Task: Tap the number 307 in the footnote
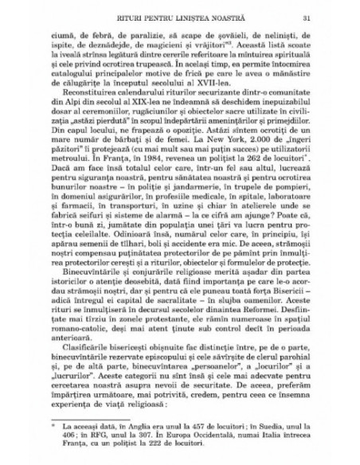click(x=151, y=438)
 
